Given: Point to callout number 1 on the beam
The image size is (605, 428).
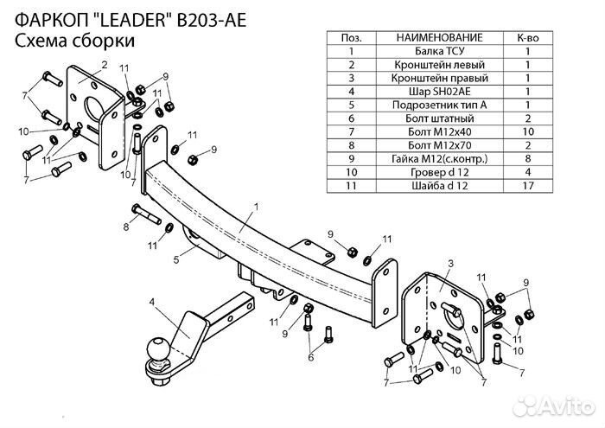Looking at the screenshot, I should tap(257, 208).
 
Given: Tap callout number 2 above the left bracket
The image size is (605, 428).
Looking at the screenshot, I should tap(103, 66).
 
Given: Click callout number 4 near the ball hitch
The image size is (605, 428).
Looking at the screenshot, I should tap(151, 301).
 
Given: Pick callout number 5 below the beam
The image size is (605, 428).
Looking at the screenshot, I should tap(175, 257).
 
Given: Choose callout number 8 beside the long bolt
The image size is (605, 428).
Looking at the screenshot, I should tap(125, 227).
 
